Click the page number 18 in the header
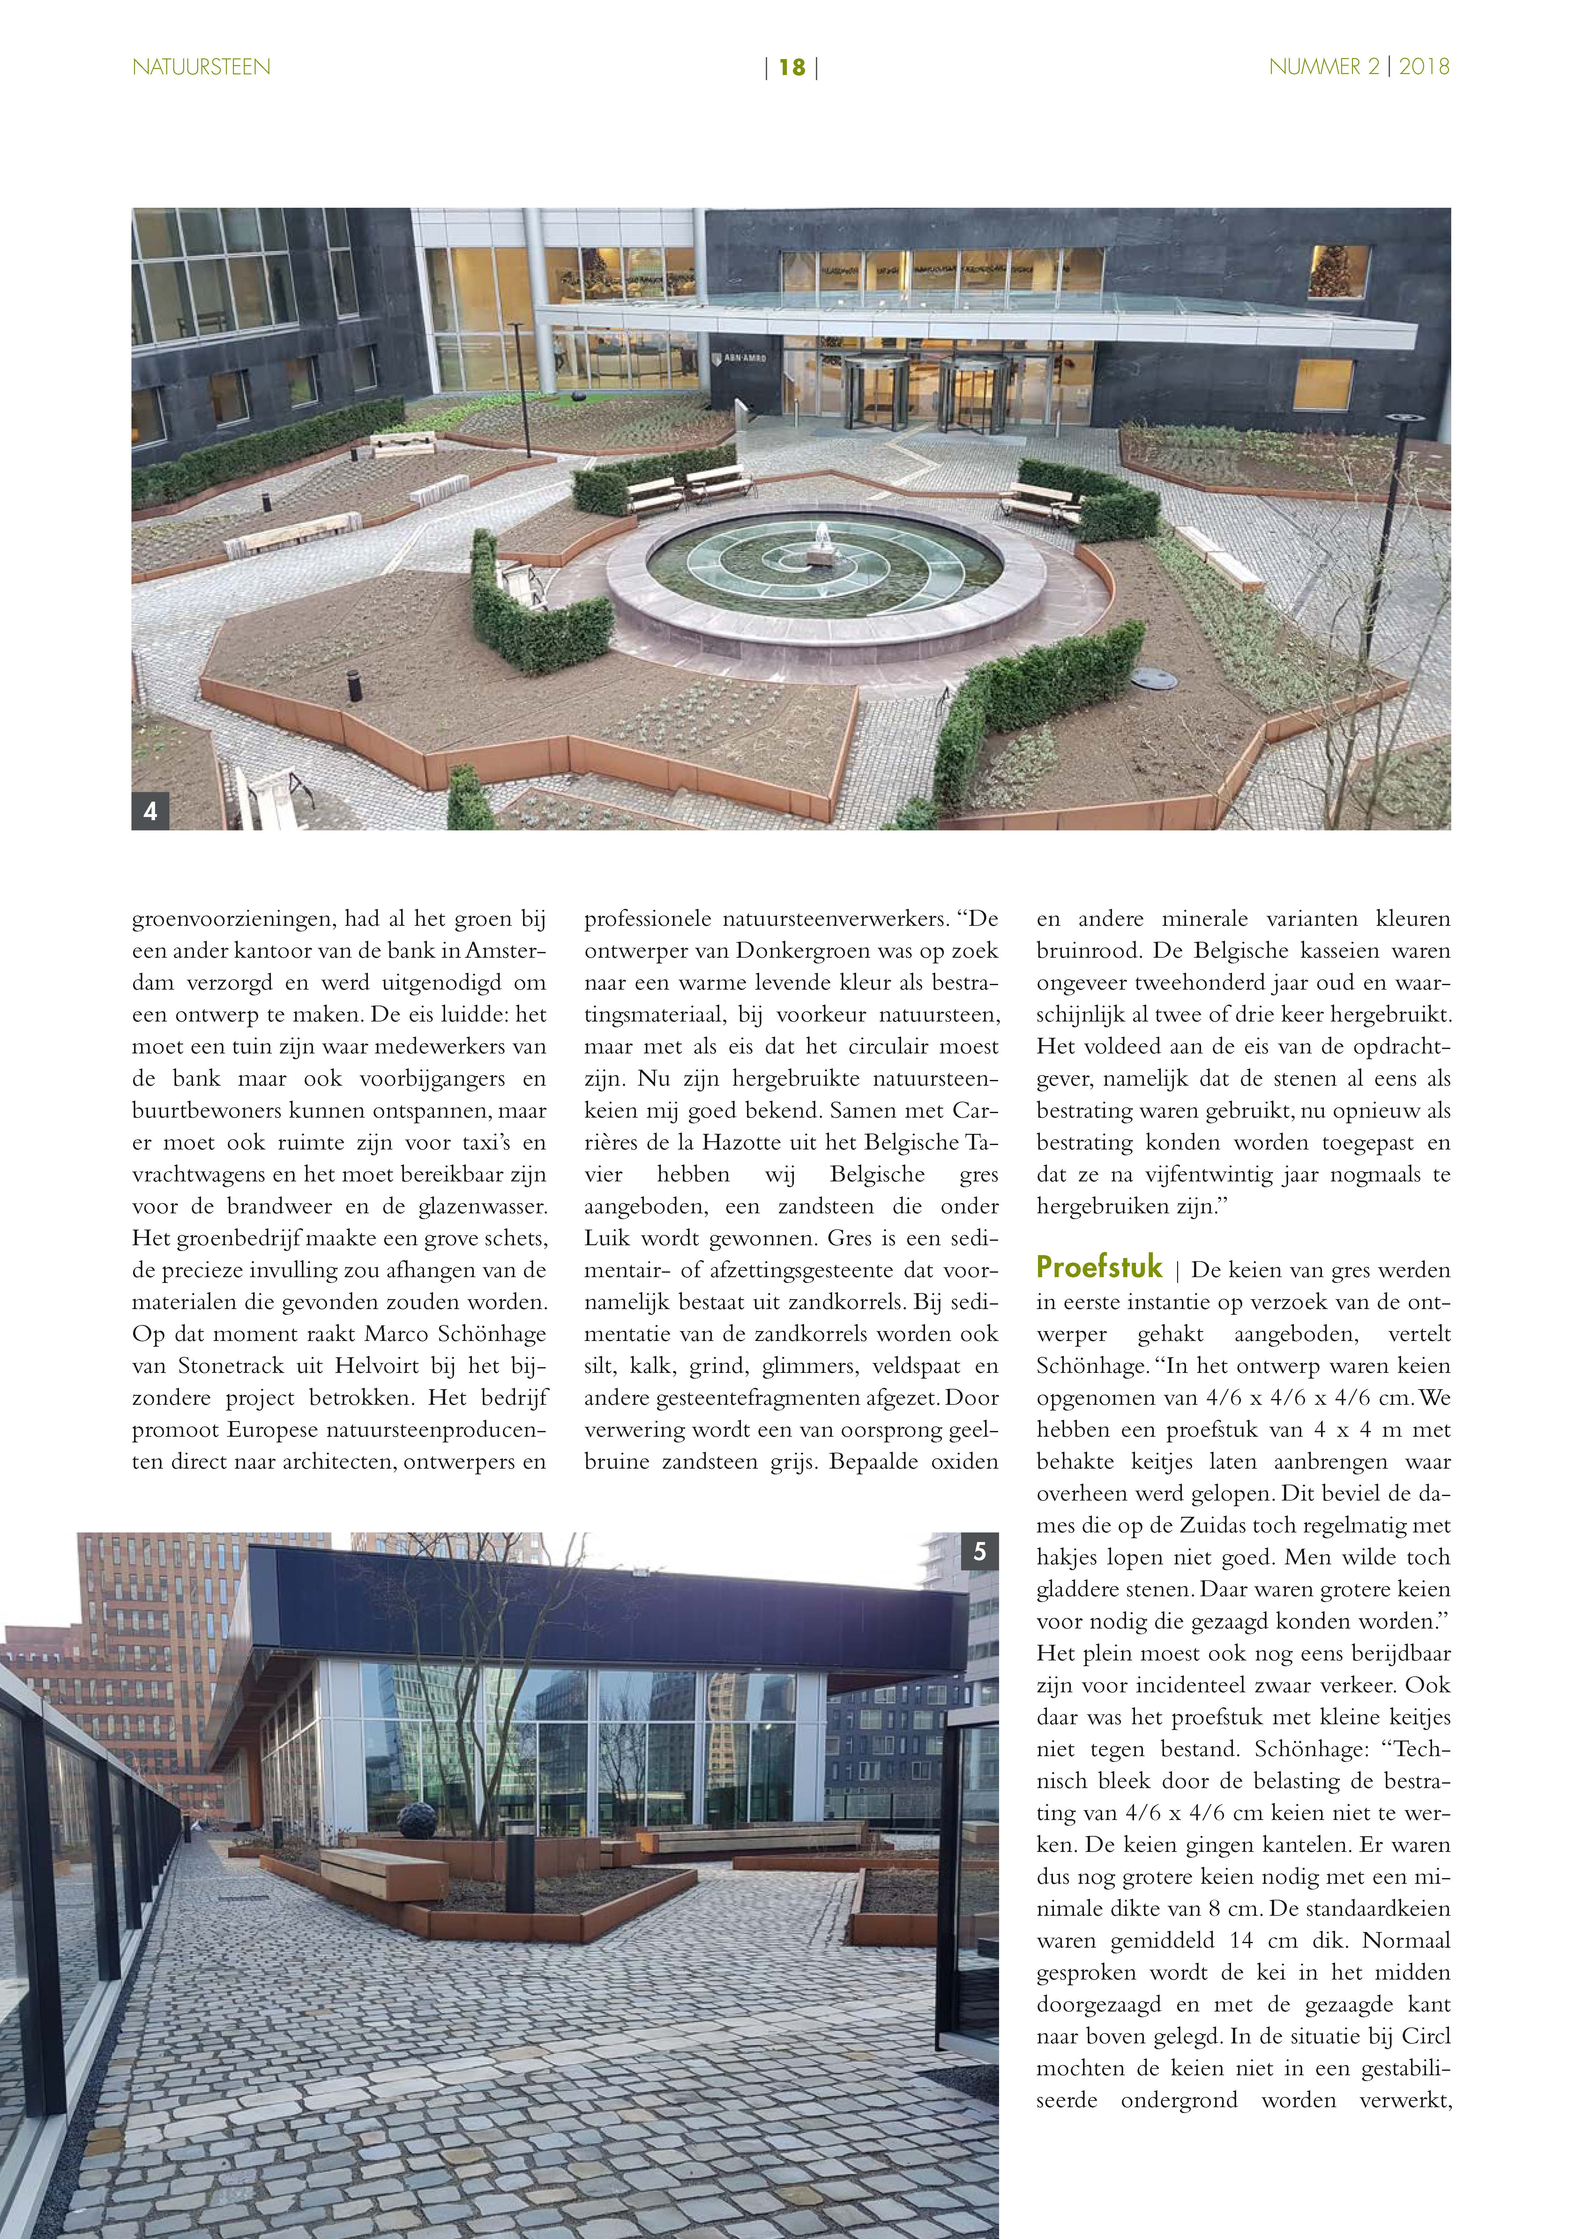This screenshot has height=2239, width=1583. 791,67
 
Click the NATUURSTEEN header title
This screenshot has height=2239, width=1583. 201,67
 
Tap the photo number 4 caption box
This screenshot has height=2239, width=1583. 150,810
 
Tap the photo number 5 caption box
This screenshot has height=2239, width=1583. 979,1552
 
